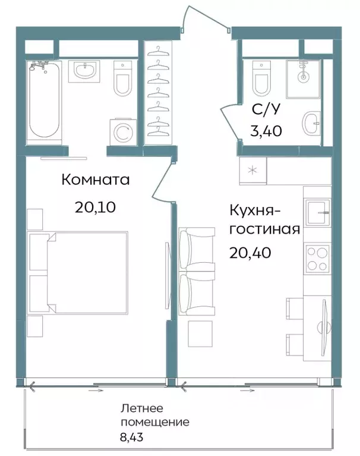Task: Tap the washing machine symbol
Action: pos(122,131)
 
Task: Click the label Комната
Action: pos(96,180)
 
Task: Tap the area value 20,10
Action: pos(95,207)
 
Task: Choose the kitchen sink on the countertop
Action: pos(318,212)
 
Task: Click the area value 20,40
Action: pos(250,253)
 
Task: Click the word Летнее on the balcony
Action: pos(141,410)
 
